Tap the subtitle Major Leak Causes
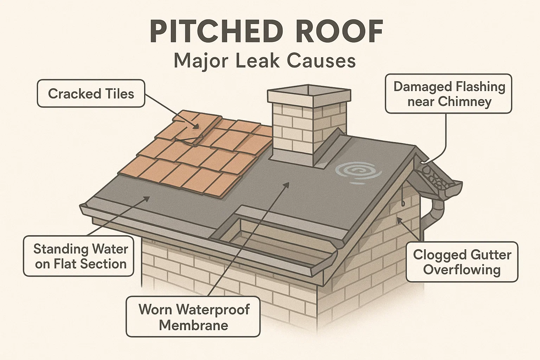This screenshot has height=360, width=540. tap(265, 61)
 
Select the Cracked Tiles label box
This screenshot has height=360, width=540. tap(91, 94)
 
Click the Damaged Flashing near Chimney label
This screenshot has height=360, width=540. tap(449, 94)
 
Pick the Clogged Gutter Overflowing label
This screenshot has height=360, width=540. tap(462, 262)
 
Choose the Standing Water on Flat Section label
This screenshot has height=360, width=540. tap(81, 256)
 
